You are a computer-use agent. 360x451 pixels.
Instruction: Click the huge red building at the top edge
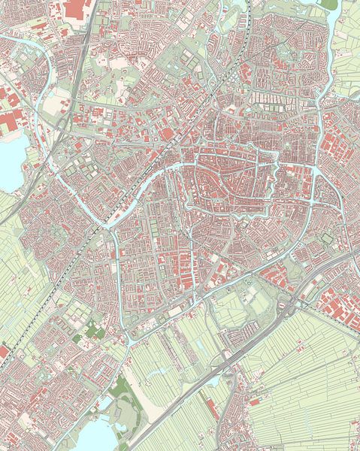tap(76, 8)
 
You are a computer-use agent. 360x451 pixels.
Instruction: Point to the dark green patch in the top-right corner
tap(328, 4)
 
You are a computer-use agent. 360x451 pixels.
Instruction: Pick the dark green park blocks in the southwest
tap(92, 330)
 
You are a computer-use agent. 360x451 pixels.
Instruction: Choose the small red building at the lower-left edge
tap(3, 351)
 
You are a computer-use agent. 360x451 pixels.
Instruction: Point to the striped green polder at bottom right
tap(316, 391)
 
